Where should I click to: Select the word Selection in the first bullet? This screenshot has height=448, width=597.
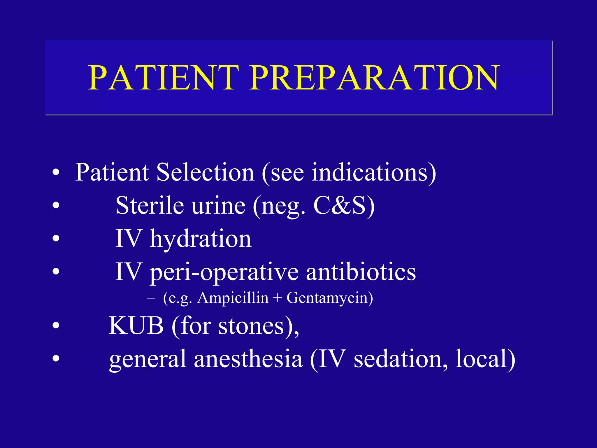pyautogui.click(x=205, y=173)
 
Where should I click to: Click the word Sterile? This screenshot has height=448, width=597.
pyautogui.click(x=150, y=206)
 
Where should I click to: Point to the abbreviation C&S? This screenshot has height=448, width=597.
pyautogui.click(x=339, y=206)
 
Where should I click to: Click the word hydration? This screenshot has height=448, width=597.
pyautogui.click(x=201, y=239)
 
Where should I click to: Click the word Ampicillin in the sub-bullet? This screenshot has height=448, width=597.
pyautogui.click(x=233, y=298)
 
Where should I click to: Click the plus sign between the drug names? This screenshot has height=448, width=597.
pyautogui.click(x=277, y=298)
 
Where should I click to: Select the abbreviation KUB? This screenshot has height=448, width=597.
pyautogui.click(x=136, y=326)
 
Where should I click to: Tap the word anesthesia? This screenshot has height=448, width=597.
pyautogui.click(x=248, y=359)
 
